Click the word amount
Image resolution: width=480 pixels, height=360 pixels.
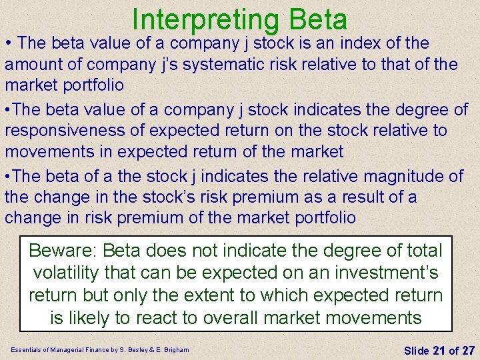(x=31, y=65)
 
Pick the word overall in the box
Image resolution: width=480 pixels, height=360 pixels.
(x=237, y=317)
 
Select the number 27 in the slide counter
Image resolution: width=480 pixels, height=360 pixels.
(x=468, y=349)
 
